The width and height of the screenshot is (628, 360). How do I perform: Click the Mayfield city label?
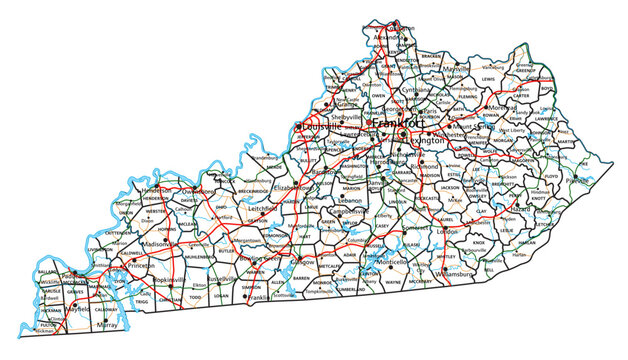click(76, 310)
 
